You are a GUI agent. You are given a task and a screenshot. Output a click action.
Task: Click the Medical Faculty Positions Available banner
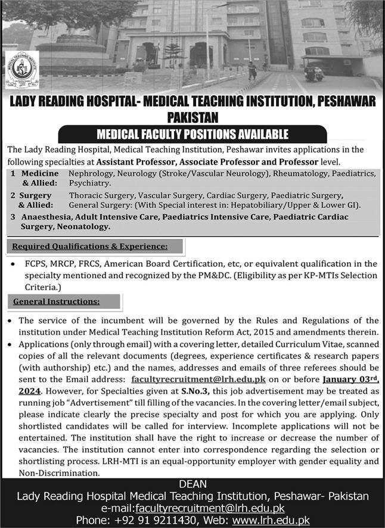click(192, 134)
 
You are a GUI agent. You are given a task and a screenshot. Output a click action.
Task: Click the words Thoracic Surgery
click(98, 195)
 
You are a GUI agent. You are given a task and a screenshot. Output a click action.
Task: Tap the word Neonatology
click(83, 226)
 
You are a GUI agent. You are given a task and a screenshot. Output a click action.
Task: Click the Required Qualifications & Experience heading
click(89, 246)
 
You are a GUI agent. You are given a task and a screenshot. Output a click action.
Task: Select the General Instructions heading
click(56, 302)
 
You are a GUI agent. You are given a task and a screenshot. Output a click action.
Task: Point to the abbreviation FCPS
click(37, 264)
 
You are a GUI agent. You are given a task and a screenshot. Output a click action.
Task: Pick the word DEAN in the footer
click(192, 484)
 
